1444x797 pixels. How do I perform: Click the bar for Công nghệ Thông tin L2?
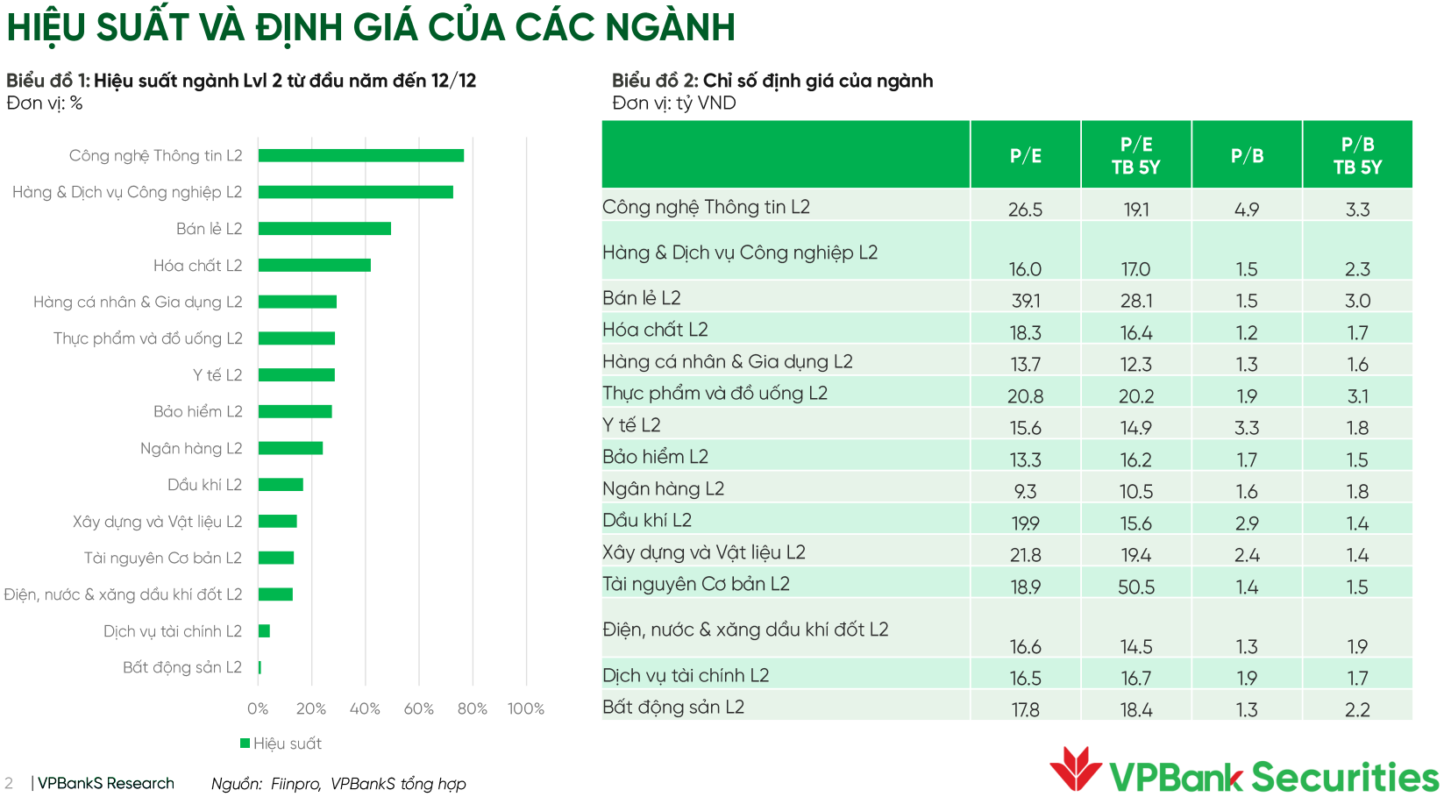360,155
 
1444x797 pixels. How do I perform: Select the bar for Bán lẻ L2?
324,229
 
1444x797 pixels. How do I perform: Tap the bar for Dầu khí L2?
281,485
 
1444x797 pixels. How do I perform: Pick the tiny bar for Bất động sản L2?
260,668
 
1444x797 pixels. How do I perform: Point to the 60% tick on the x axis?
418,708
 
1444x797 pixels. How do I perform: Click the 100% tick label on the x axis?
526,708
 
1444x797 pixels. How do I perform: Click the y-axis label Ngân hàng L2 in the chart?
191,448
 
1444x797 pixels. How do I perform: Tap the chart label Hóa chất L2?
197,266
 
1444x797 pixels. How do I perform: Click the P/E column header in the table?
1025,155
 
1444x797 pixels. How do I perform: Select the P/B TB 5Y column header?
1357,155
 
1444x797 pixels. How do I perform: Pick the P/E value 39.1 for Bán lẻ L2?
1025,301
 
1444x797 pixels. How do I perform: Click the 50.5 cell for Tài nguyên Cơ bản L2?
1136,587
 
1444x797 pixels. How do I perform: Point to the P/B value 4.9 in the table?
1247,210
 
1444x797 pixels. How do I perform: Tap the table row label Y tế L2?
631,425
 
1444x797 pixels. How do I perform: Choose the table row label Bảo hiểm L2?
655,457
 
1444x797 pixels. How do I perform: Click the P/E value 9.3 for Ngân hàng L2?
1025,492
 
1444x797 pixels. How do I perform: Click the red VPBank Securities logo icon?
1076,768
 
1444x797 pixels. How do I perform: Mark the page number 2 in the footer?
9,783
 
